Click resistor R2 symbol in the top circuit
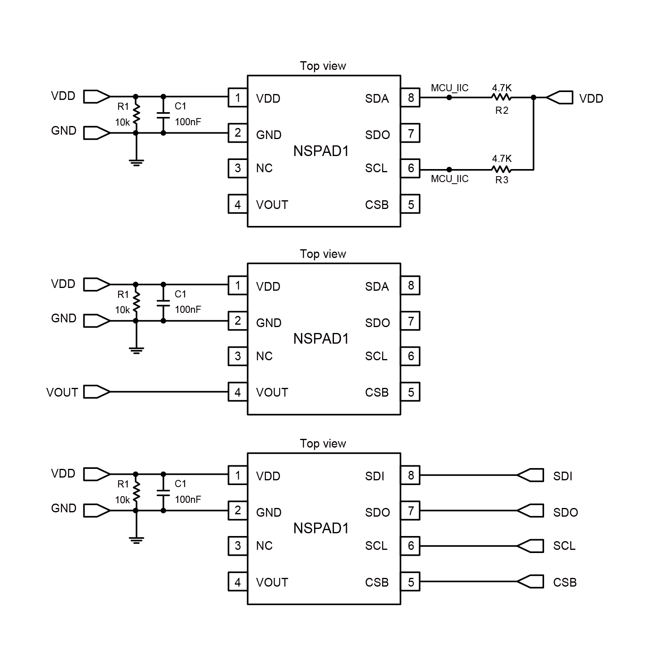click(501, 97)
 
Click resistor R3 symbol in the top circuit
click(501, 170)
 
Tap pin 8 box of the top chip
click(411, 98)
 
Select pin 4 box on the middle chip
click(237, 392)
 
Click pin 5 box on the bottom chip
click(411, 582)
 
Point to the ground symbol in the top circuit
click(136, 162)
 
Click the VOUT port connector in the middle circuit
click(97, 392)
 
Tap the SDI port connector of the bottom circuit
click(530, 475)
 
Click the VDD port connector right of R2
click(560, 98)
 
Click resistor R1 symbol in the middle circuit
click(136, 303)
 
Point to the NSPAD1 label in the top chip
click(321, 151)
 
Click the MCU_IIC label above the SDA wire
click(449, 88)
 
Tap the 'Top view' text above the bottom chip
click(323, 444)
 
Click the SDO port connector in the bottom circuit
click(530, 511)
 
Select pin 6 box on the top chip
click(411, 168)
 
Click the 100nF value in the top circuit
click(188, 122)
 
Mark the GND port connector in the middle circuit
click(97, 321)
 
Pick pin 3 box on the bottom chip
click(237, 546)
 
